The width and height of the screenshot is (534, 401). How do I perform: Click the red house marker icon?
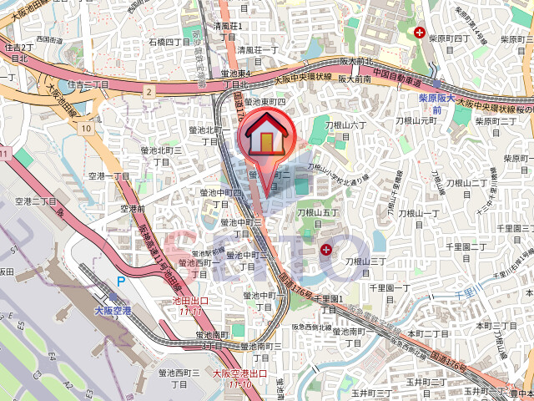(265, 135)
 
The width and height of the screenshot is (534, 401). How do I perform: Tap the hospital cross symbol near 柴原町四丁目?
(420, 33)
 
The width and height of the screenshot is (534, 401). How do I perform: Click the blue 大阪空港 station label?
(113, 310)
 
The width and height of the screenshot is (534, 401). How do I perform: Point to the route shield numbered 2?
(149, 89)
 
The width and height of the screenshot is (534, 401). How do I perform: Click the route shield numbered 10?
(87, 128)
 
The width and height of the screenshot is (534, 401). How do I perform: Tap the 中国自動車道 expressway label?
(400, 73)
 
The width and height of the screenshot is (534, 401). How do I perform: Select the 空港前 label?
(133, 208)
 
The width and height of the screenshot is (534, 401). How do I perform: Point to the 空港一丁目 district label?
(109, 177)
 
